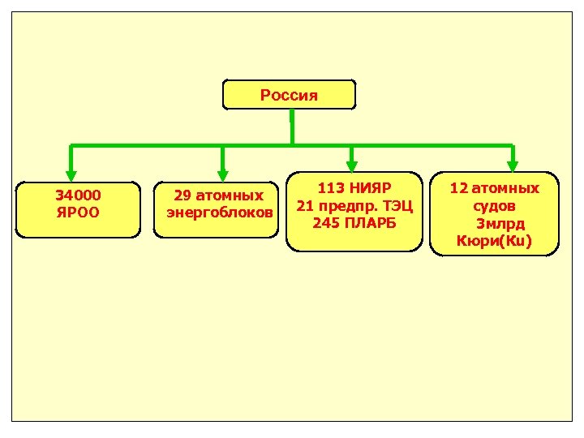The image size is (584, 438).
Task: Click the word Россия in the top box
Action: [x=289, y=95]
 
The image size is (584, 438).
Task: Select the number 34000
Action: [x=78, y=195]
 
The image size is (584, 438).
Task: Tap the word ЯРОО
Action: [x=78, y=213]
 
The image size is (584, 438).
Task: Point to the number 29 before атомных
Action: [x=182, y=195]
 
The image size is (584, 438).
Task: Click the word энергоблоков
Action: [x=220, y=213]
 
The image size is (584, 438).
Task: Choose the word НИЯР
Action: [x=368, y=188]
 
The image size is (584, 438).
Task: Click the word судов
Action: [x=495, y=206]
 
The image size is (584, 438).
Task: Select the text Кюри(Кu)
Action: [x=494, y=241]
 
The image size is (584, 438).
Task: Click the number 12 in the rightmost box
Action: [x=459, y=188]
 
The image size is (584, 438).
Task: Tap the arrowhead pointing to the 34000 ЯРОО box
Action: [x=71, y=173]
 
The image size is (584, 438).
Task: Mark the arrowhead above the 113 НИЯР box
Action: [x=350, y=164]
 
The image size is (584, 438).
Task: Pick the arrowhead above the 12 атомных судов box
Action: [x=513, y=164]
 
